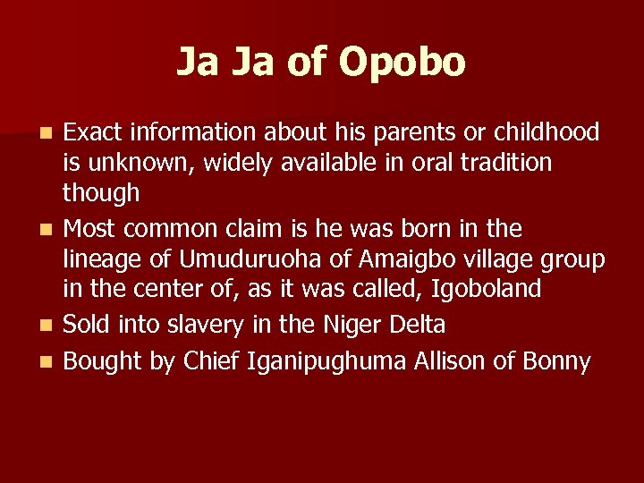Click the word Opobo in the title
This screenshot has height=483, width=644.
tap(402, 63)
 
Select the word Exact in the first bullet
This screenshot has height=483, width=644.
tap(93, 133)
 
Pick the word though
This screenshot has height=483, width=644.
tap(101, 193)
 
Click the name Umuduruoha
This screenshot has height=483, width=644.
tap(255, 259)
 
